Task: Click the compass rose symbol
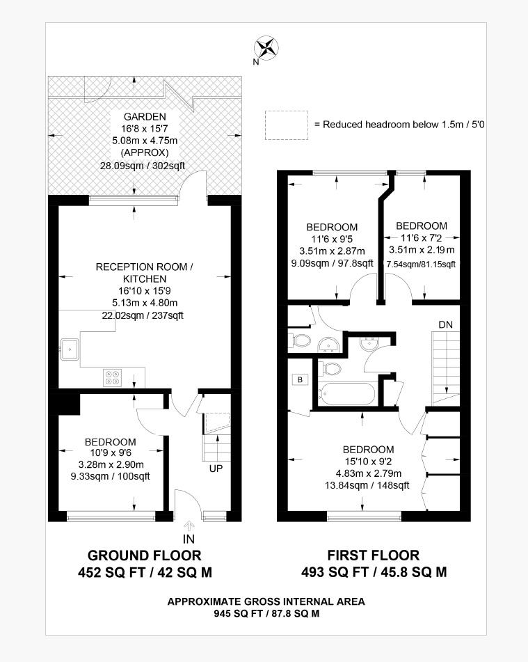pos(266,47)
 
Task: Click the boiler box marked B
pos(300,379)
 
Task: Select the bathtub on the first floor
pos(346,393)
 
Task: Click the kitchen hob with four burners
pos(113,377)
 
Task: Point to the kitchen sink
pos(70,349)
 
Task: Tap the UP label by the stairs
pos(216,468)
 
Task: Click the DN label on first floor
pos(446,324)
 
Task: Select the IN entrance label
pos(189,539)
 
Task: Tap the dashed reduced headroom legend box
pos(287,125)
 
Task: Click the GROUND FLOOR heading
pos(144,555)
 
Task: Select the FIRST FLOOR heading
pos(374,555)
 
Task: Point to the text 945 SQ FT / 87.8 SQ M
pos(266,613)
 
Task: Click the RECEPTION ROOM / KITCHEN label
pos(144,273)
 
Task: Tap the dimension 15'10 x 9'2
pos(368,462)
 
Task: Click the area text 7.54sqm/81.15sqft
pos(421,265)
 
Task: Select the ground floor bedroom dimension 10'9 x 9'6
pos(111,453)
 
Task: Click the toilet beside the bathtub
pos(330,368)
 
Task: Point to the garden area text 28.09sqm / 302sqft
pos(142,166)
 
